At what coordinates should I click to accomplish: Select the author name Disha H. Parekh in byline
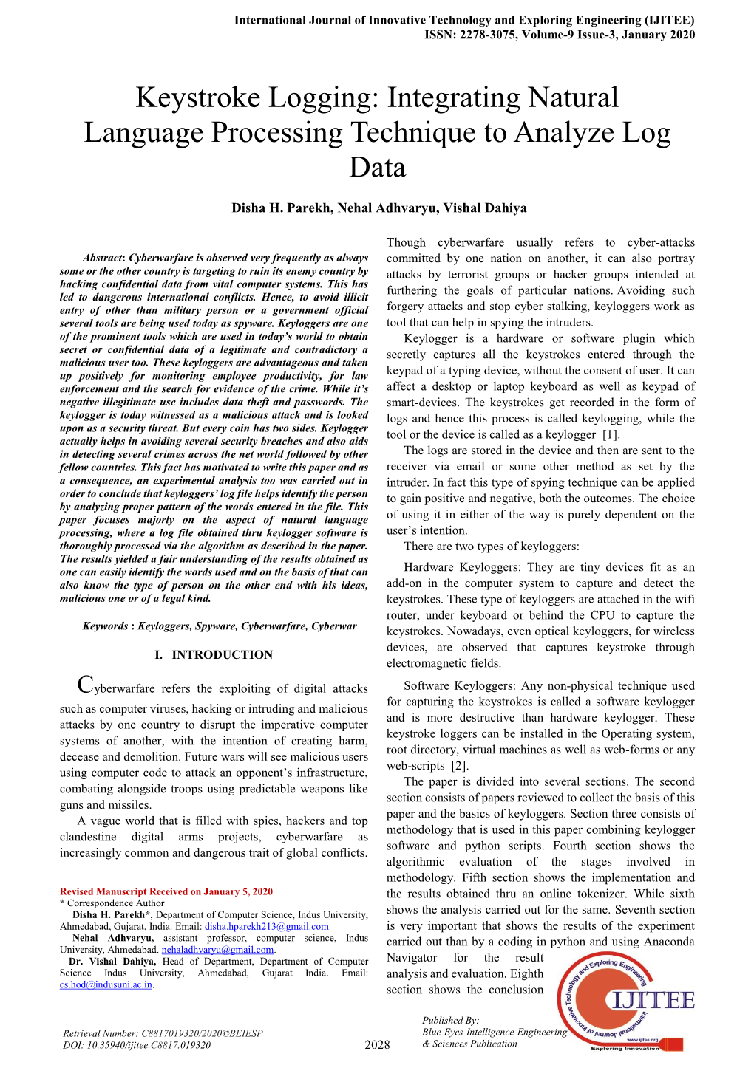(x=281, y=208)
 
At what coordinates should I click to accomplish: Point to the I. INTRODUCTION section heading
(x=214, y=654)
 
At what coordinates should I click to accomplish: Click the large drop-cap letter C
(x=85, y=685)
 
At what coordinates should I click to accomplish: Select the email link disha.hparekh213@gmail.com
(x=266, y=926)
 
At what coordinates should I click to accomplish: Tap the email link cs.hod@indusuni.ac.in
(x=106, y=984)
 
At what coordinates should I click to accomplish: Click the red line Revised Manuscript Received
(x=166, y=891)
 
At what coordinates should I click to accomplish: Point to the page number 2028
(x=377, y=1044)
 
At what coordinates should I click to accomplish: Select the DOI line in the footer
(x=137, y=1045)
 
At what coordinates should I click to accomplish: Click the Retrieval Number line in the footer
(x=163, y=1033)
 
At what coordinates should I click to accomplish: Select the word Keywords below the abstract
(x=104, y=626)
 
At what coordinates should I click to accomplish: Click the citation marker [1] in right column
(x=610, y=434)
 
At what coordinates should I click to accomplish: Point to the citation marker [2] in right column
(x=459, y=766)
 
